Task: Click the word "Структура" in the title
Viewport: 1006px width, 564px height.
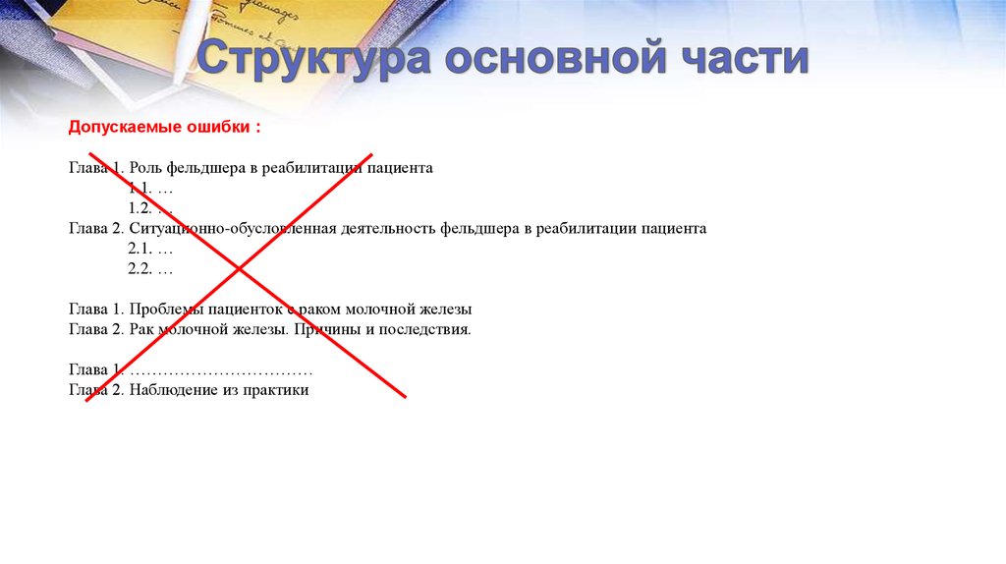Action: [x=312, y=60]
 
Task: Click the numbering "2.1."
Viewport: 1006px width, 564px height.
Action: [x=141, y=250]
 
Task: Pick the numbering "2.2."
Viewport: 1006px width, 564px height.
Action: [x=141, y=269]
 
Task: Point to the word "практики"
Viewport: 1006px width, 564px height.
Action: [x=280, y=390]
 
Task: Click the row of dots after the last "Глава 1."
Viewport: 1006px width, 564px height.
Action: [x=220, y=370]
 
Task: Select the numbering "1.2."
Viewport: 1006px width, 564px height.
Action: [x=141, y=208]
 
